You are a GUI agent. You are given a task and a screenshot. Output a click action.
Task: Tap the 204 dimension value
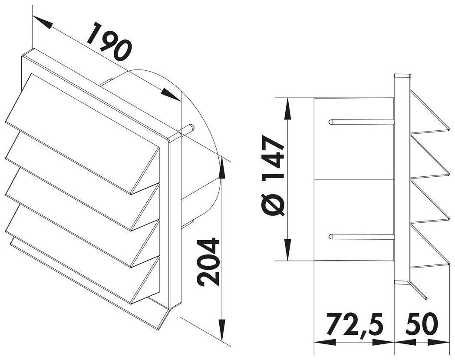click(x=208, y=262)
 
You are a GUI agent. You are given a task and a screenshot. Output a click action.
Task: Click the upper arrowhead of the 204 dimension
click(x=222, y=167)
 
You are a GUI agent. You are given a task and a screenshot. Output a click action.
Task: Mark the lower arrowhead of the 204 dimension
click(x=222, y=330)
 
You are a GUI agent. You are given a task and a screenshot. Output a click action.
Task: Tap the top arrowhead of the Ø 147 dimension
click(x=287, y=108)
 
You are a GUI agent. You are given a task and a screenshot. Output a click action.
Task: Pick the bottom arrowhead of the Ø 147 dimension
click(x=287, y=250)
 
